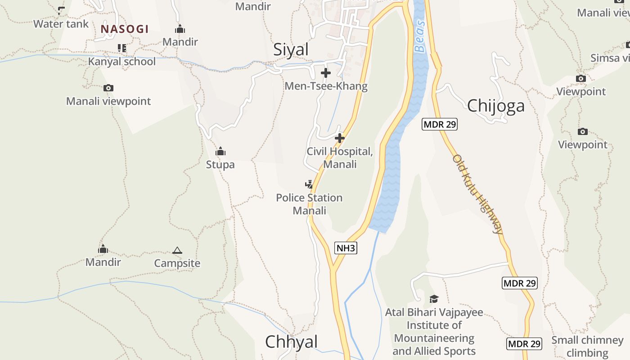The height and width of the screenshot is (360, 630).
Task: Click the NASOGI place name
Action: click(124, 29)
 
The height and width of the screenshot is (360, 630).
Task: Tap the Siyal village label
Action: click(291, 49)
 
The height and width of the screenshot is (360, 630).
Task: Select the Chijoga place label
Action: click(496, 106)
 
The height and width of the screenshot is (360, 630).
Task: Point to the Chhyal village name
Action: click(291, 342)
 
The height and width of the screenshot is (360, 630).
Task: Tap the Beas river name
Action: click(420, 36)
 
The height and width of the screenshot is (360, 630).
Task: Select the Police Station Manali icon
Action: click(309, 184)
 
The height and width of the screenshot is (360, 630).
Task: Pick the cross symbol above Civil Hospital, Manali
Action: click(340, 138)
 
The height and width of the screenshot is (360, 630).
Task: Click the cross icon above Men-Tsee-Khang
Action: click(326, 72)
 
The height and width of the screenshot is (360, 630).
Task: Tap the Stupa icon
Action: click(220, 151)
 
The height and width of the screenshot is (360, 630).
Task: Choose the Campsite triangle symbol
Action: click(177, 250)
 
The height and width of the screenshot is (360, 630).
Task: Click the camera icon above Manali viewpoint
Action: click(108, 88)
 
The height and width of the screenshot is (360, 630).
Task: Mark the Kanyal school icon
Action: click(121, 48)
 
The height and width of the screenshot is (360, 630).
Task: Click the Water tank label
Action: click(61, 24)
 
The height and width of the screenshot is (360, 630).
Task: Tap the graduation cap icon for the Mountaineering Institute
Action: click(434, 299)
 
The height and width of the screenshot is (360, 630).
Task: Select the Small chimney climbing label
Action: click(587, 346)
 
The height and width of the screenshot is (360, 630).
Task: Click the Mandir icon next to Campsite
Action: click(103, 249)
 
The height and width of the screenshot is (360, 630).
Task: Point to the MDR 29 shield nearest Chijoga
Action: click(439, 125)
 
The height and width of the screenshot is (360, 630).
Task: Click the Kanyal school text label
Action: click(121, 61)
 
